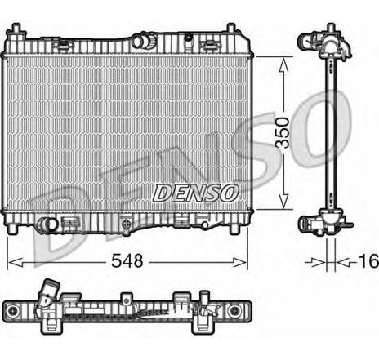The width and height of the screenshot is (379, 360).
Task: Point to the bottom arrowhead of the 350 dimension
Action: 283,207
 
